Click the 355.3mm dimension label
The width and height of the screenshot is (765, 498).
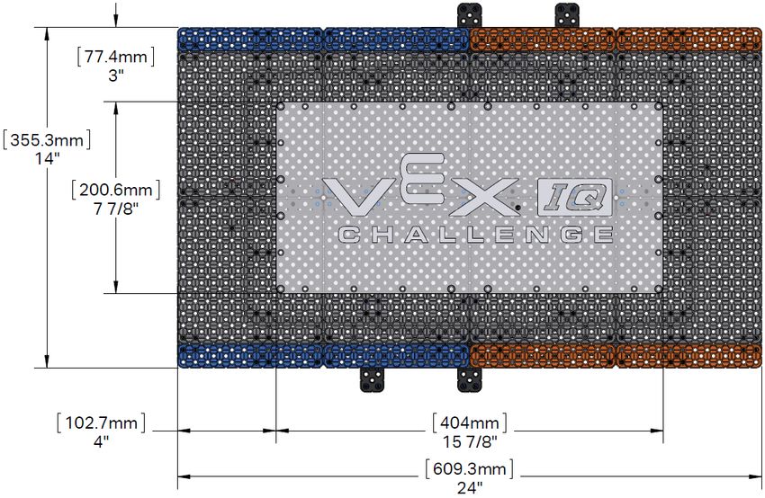click(x=47, y=140)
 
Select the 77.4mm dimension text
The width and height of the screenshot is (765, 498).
click(x=116, y=57)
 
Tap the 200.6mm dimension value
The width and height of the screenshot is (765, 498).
click(x=115, y=190)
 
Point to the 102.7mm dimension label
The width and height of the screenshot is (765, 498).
click(x=102, y=422)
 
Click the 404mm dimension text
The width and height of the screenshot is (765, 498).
click(x=470, y=422)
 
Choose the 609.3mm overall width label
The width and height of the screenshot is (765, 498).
click(x=470, y=468)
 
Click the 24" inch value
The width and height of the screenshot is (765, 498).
click(x=470, y=488)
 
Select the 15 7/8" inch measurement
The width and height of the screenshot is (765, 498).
click(x=470, y=441)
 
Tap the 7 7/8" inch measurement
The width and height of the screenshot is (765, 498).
click(x=115, y=209)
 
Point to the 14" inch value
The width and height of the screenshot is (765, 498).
click(x=47, y=159)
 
